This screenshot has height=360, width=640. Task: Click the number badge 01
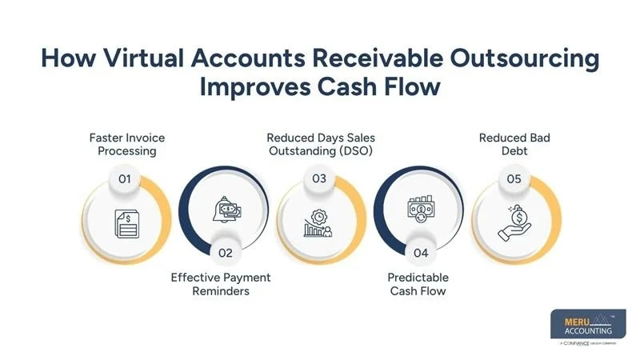pos(125,178)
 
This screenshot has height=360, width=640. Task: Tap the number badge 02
pos(226,253)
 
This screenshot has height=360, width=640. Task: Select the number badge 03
pos(319,178)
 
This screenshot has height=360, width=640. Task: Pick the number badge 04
pos(421,253)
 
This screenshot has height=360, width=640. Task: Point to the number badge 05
pos(514,178)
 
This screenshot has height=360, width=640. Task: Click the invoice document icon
pos(127,224)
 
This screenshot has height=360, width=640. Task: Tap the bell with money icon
pos(226,210)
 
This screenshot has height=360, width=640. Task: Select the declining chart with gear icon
pos(318,223)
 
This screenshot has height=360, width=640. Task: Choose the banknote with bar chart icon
pos(421,209)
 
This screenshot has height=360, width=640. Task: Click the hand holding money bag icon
pos(514,223)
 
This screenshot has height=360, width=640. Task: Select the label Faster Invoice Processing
pos(127,145)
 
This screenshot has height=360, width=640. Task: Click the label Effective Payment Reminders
pos(221,284)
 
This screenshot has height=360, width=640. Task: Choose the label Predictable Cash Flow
pos(418,284)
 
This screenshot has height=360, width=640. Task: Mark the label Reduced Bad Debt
pos(514,145)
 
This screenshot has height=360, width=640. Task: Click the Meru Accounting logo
pos(588,327)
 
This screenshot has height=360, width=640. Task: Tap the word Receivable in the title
pos(378,58)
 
